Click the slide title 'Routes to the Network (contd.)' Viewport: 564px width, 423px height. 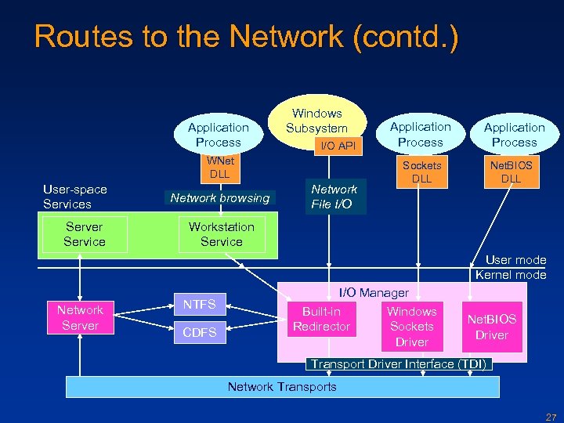[246, 36]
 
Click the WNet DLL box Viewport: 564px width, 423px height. [219, 167]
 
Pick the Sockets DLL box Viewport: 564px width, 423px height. [421, 172]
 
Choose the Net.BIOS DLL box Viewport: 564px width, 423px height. [511, 172]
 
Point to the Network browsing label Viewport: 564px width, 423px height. [219, 198]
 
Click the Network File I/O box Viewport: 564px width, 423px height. [334, 197]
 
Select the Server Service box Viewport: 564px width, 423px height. [84, 234]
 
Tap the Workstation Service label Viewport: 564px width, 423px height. [221, 234]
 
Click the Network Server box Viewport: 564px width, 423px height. [80, 317]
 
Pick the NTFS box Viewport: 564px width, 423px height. [199, 304]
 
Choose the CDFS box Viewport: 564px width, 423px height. [199, 333]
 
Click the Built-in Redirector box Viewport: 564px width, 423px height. [321, 319]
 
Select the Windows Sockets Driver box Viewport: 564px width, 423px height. [411, 327]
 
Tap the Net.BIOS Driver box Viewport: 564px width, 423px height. [491, 327]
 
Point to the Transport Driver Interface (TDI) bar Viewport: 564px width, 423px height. [399, 364]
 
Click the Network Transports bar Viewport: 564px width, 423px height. [282, 386]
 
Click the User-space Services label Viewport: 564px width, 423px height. [75, 197]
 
